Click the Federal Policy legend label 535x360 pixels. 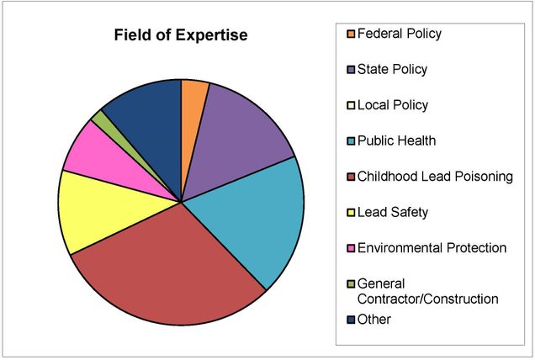pos(400,34)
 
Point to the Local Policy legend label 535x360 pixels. pos(393,105)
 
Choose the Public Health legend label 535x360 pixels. pos(396,140)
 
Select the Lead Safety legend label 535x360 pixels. pos(393,212)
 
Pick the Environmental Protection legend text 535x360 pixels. pos(432,247)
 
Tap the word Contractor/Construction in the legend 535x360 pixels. pos(428,299)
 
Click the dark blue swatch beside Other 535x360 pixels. pos(350,320)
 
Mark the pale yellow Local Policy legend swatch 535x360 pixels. pos(350,106)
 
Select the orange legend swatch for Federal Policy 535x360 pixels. pos(350,34)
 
